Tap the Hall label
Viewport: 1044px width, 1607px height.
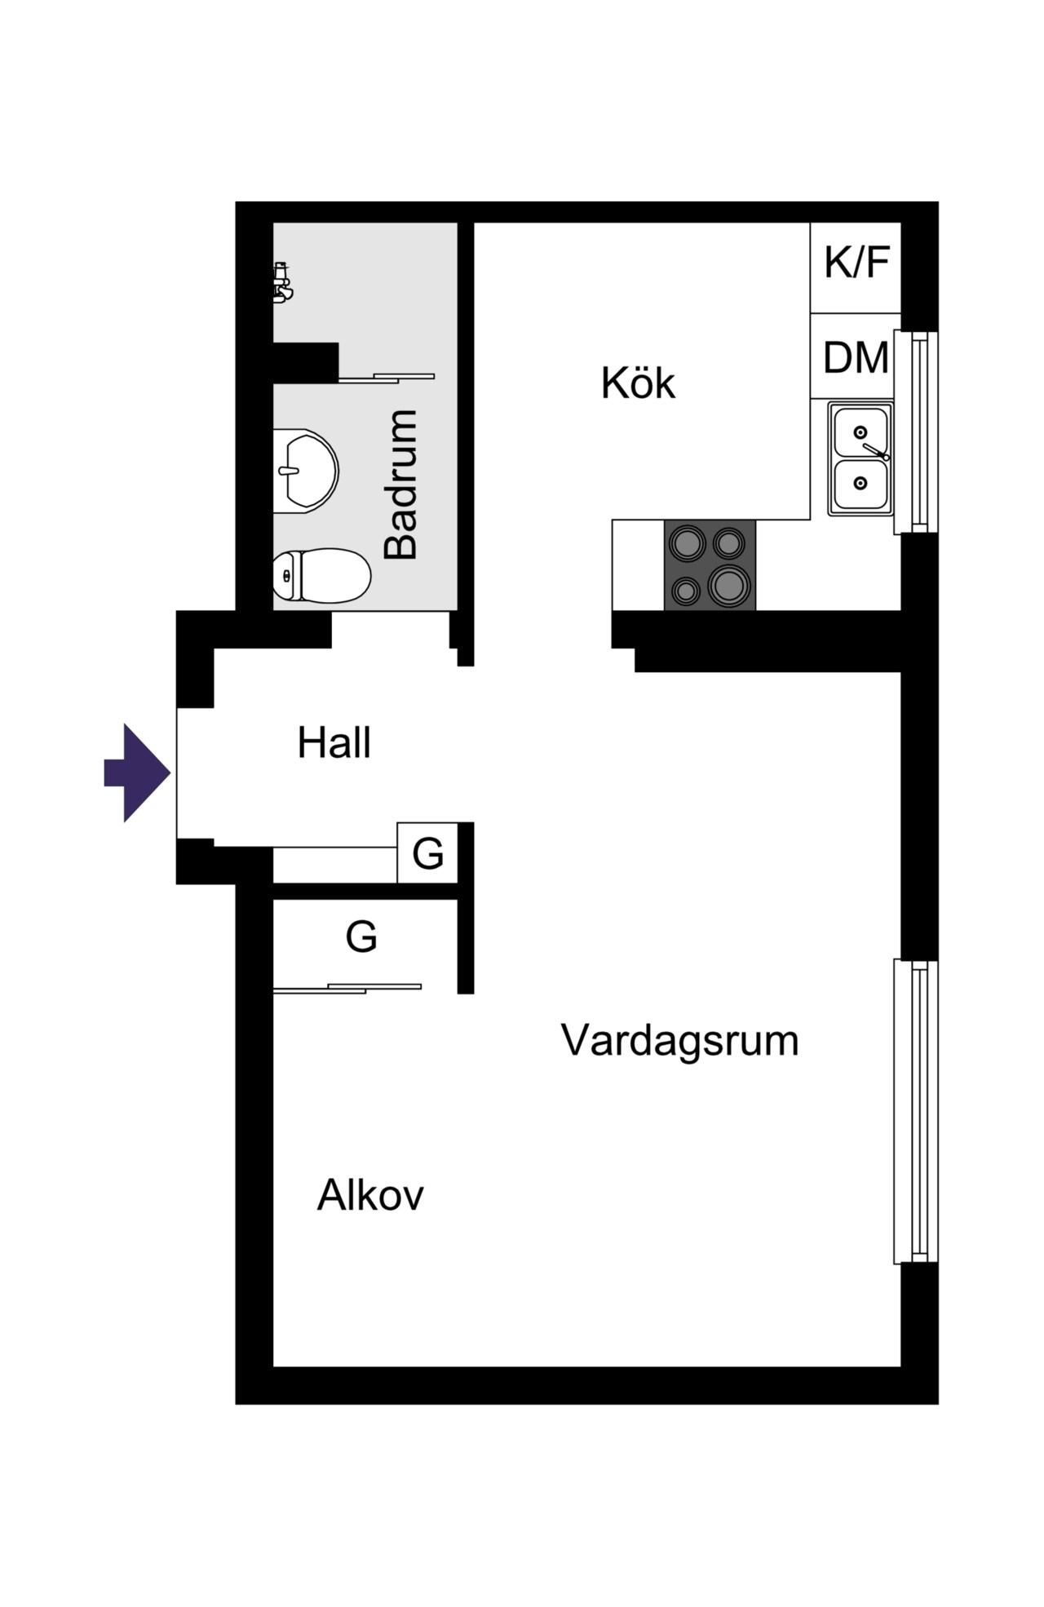pos(334,743)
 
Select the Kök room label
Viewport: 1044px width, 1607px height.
pos(638,383)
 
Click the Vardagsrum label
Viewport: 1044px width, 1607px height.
pos(679,1040)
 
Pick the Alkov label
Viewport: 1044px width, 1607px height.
pos(370,1195)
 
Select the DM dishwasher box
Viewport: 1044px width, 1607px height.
pos(855,356)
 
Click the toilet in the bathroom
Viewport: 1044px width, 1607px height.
pos(321,575)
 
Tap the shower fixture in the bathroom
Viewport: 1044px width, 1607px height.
pos(282,282)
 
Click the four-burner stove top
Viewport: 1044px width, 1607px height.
pos(710,564)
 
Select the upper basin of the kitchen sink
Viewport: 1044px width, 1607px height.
pos(860,432)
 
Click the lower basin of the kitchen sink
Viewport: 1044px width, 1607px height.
pos(860,484)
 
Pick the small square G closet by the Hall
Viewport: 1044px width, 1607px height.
pos(427,852)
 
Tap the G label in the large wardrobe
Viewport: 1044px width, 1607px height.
pos(361,936)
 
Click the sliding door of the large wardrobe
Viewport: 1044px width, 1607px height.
pos(347,989)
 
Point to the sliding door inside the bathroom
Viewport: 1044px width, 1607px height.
pos(387,378)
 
